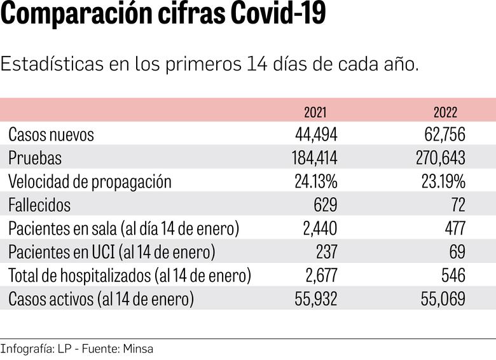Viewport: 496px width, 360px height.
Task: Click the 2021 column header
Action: [315, 113]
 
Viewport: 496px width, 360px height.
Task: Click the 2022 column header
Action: [445, 113]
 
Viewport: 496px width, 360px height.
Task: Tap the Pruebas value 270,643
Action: [441, 158]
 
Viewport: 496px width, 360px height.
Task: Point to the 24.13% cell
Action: [316, 181]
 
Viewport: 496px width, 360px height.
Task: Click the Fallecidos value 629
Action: [326, 205]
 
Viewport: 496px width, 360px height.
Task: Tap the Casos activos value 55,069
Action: [443, 298]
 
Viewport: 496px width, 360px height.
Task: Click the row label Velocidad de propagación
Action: [90, 181]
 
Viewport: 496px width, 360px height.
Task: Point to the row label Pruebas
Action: [35, 158]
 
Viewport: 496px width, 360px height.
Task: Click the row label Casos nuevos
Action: [51, 135]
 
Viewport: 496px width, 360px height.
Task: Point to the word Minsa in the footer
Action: [139, 349]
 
